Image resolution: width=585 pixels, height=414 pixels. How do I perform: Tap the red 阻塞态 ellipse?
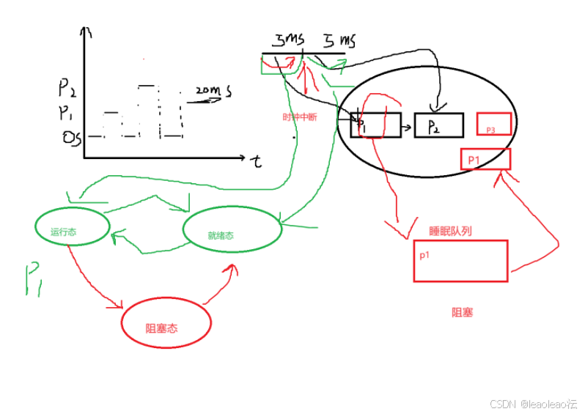click(166, 323)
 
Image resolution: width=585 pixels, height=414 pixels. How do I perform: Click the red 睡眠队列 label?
click(450, 231)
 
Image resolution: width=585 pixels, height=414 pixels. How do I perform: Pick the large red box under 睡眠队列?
click(460, 260)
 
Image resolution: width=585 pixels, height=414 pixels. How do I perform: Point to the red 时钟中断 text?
click(300, 117)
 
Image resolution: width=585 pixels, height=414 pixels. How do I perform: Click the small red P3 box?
click(493, 124)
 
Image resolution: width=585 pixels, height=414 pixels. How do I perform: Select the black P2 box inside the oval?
click(438, 125)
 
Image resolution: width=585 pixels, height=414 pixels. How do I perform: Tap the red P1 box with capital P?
click(485, 159)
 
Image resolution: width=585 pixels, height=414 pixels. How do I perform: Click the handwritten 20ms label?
click(213, 91)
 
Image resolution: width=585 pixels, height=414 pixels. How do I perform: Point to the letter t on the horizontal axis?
click(257, 162)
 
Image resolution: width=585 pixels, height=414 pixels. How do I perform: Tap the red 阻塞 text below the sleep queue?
click(462, 312)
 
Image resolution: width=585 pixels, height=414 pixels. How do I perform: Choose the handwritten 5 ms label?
click(338, 40)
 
